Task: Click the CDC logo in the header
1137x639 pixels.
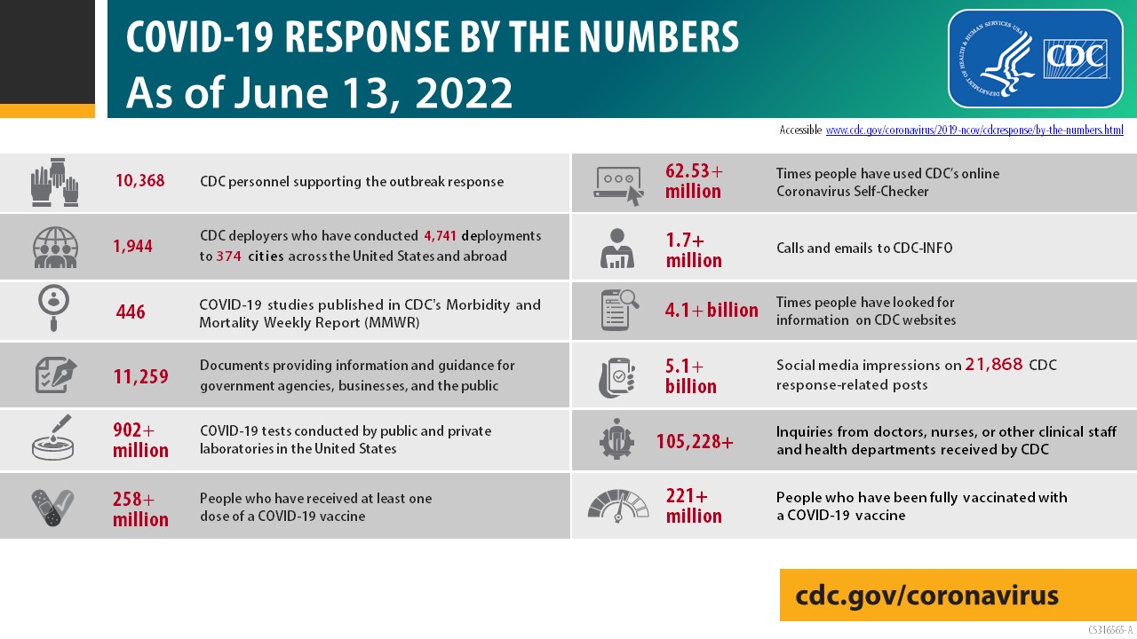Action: coord(1076,58)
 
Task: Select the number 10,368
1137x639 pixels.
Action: coord(139,181)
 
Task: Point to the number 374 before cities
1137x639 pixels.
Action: coord(228,256)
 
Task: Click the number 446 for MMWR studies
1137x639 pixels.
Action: coord(131,312)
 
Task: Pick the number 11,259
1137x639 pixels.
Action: coord(140,377)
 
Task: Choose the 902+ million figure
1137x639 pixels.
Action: coord(140,440)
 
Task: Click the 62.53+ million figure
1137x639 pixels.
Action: coord(694,181)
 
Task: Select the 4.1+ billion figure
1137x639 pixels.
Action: coord(712,311)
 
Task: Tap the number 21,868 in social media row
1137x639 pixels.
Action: coord(995,365)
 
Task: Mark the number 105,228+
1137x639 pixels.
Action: coord(695,441)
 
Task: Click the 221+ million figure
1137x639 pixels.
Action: coord(694,506)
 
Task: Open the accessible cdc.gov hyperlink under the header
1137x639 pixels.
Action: coord(974,130)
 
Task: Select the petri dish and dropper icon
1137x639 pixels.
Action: coord(53,438)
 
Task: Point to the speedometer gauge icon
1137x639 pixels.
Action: coord(618,506)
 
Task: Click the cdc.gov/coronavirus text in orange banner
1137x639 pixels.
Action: coord(926,595)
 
